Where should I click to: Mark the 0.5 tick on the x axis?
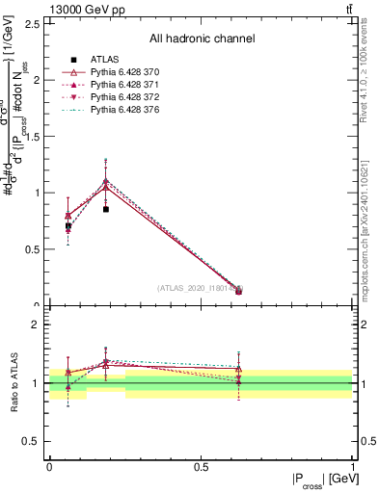[x=202, y=467]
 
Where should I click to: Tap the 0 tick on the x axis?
[x=49, y=467]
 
